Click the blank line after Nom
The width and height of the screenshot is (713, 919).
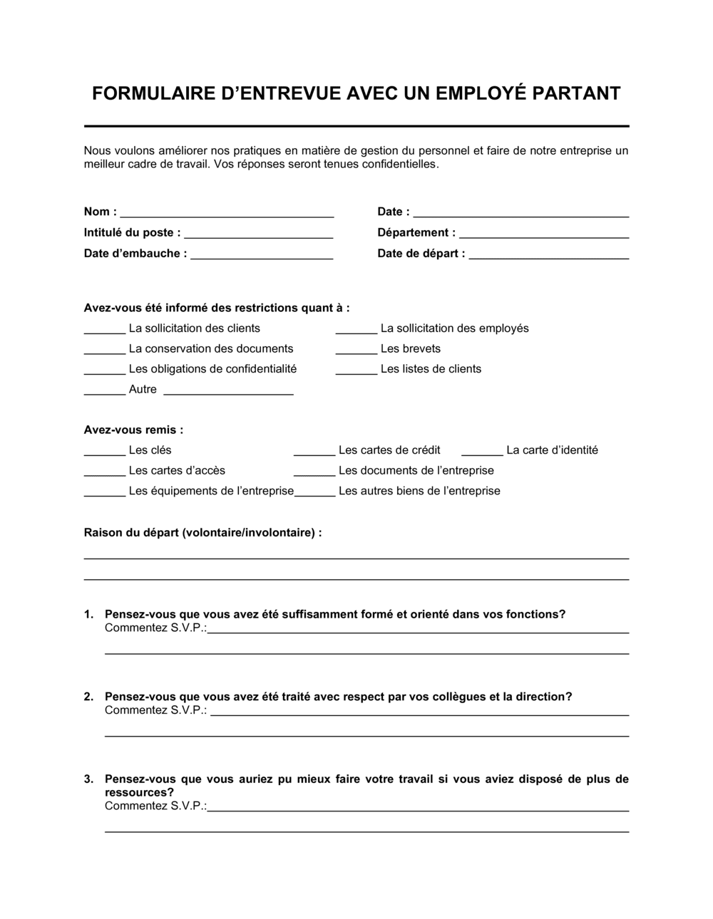point(227,214)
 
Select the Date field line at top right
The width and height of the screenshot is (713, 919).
point(520,214)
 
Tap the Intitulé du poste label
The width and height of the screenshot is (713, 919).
point(132,232)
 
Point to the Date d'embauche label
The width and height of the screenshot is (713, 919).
point(135,253)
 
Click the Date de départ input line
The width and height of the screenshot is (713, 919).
point(548,256)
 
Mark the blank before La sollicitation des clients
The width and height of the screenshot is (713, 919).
point(105,331)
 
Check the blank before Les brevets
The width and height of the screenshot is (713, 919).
point(356,351)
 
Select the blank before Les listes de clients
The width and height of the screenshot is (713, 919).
point(356,371)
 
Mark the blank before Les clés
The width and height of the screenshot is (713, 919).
point(105,452)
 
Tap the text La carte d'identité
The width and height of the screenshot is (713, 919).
point(552,450)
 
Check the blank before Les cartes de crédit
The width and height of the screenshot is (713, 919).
point(314,452)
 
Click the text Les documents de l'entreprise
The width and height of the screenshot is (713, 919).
point(416,470)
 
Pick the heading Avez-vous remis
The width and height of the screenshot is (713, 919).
point(133,430)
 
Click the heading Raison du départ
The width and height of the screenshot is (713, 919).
point(202,532)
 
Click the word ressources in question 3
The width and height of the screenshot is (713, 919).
point(139,792)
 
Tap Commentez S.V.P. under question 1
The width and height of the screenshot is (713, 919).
point(155,628)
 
